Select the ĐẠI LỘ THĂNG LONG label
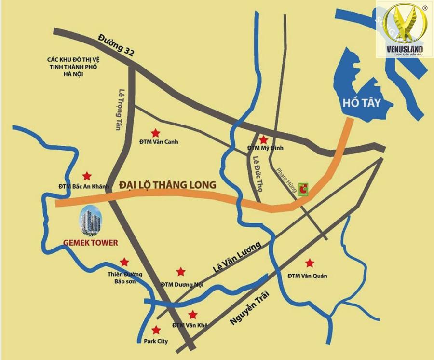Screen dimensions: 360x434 coord(167,185)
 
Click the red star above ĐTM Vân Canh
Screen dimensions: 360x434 coord(155,132)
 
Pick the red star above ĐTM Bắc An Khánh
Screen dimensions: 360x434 coord(87,176)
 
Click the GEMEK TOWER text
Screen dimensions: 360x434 coord(91,243)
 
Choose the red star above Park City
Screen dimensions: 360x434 coord(156,331)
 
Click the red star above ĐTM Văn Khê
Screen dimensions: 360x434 coord(192,315)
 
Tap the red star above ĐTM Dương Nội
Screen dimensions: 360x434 coord(180,272)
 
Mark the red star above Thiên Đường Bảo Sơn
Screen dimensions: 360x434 coord(124,262)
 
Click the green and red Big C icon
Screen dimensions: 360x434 coord(303,190)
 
